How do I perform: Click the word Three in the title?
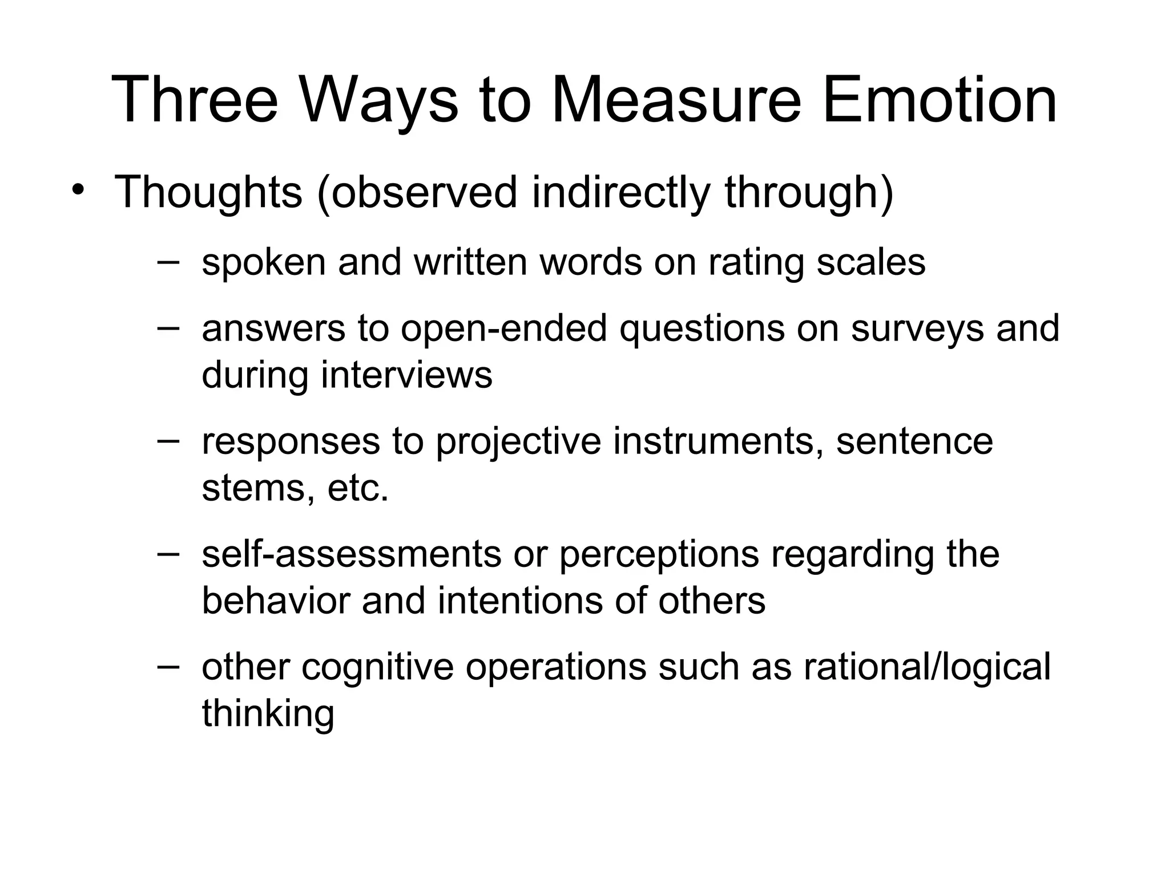[194, 100]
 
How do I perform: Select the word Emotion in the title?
[940, 100]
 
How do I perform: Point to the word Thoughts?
[208, 193]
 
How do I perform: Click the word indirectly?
[621, 193]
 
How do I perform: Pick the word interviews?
[406, 375]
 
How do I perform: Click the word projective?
[518, 442]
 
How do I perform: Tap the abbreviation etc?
[358, 488]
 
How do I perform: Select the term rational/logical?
[927, 667]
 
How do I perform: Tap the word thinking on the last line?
[268, 714]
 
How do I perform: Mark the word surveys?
[917, 329]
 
